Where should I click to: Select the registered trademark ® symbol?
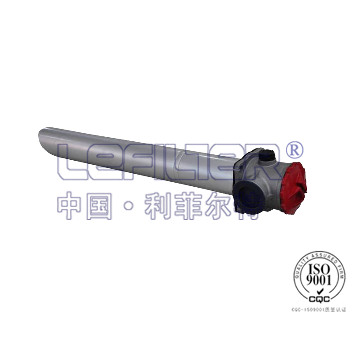point(295,149)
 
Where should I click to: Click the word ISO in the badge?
point(319,269)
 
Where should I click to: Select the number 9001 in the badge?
point(319,281)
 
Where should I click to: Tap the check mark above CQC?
point(319,292)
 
